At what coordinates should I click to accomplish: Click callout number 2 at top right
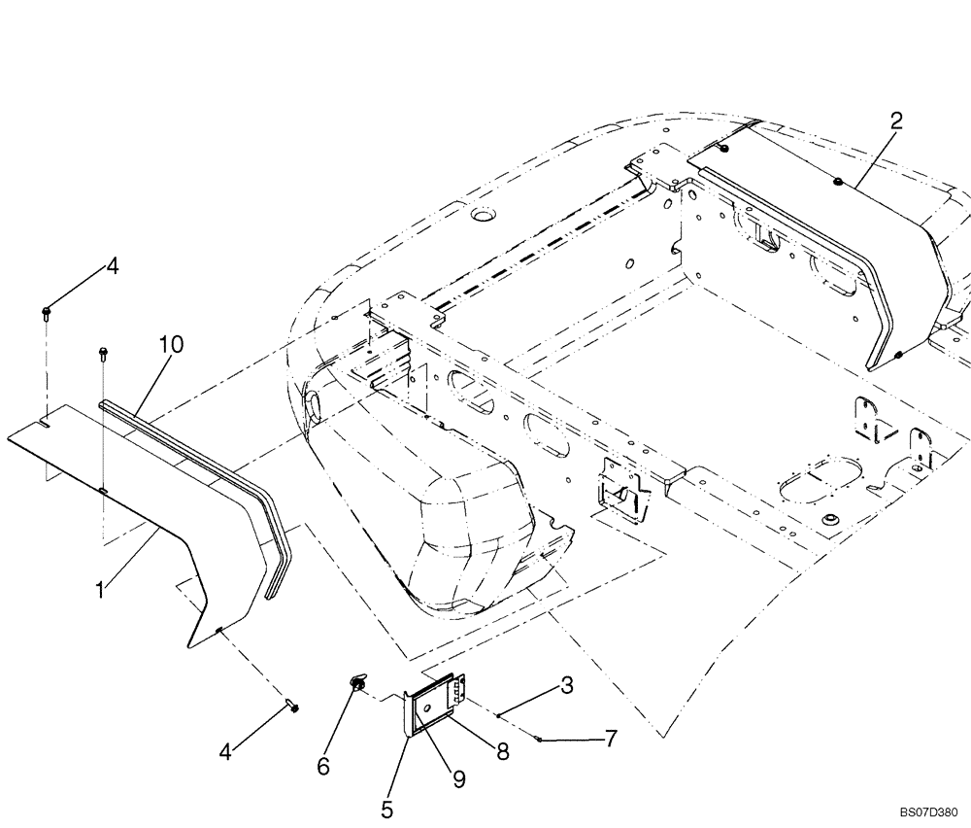tap(896, 121)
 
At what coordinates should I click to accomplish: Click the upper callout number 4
tap(113, 266)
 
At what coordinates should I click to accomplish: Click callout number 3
tap(566, 685)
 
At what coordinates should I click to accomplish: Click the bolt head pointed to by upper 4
tap(46, 312)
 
